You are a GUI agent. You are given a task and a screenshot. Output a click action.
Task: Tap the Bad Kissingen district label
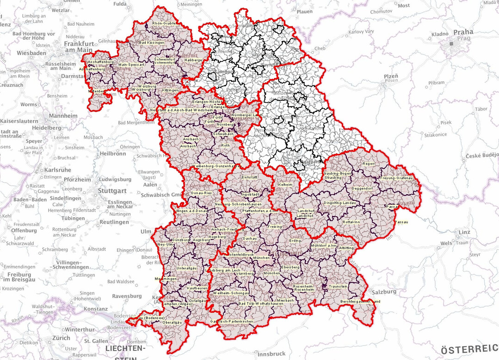[152, 43]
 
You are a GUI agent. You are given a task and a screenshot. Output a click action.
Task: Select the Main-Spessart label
[132, 65]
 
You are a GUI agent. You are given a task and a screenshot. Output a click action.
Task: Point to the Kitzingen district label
[167, 90]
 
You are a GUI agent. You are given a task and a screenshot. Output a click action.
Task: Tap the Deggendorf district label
[362, 189]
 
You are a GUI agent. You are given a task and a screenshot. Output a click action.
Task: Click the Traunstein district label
[338, 287]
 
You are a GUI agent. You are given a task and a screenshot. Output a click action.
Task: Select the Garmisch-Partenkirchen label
[231, 321]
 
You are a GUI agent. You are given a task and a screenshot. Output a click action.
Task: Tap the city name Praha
[463, 32]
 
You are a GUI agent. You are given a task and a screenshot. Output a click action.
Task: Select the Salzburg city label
[384, 292]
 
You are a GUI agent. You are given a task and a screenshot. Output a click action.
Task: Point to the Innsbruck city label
[271, 354]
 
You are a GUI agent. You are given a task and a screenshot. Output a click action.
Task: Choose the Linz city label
[465, 232]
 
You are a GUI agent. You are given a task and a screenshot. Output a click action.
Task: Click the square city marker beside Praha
[452, 43]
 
